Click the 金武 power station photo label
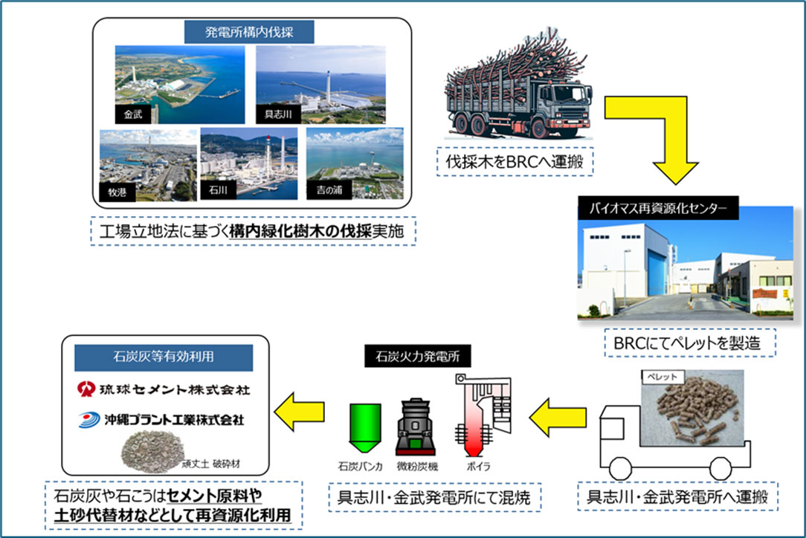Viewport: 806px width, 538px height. tap(133, 114)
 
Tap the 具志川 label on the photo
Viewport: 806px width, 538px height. tap(277, 114)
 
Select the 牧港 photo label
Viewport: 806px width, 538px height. tap(117, 192)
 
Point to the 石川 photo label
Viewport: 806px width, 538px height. tap(218, 189)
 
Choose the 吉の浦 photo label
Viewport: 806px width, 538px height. tap(329, 189)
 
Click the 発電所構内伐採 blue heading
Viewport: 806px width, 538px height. tap(249, 32)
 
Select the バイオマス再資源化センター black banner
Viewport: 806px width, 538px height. tap(658, 208)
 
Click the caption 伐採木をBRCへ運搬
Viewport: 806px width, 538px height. tap(515, 162)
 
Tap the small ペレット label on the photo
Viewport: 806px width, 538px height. tap(662, 377)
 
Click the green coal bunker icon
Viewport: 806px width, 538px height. tap(364, 427)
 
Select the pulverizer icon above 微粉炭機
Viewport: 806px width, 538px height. tap(416, 427)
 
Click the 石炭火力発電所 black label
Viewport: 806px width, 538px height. tap(417, 356)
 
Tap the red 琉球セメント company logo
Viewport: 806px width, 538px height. tap(86, 389)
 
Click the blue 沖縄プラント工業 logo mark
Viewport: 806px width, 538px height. tap(89, 420)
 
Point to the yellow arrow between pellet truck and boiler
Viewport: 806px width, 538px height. tap(558, 417)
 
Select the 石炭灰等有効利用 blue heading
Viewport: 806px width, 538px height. tap(164, 357)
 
